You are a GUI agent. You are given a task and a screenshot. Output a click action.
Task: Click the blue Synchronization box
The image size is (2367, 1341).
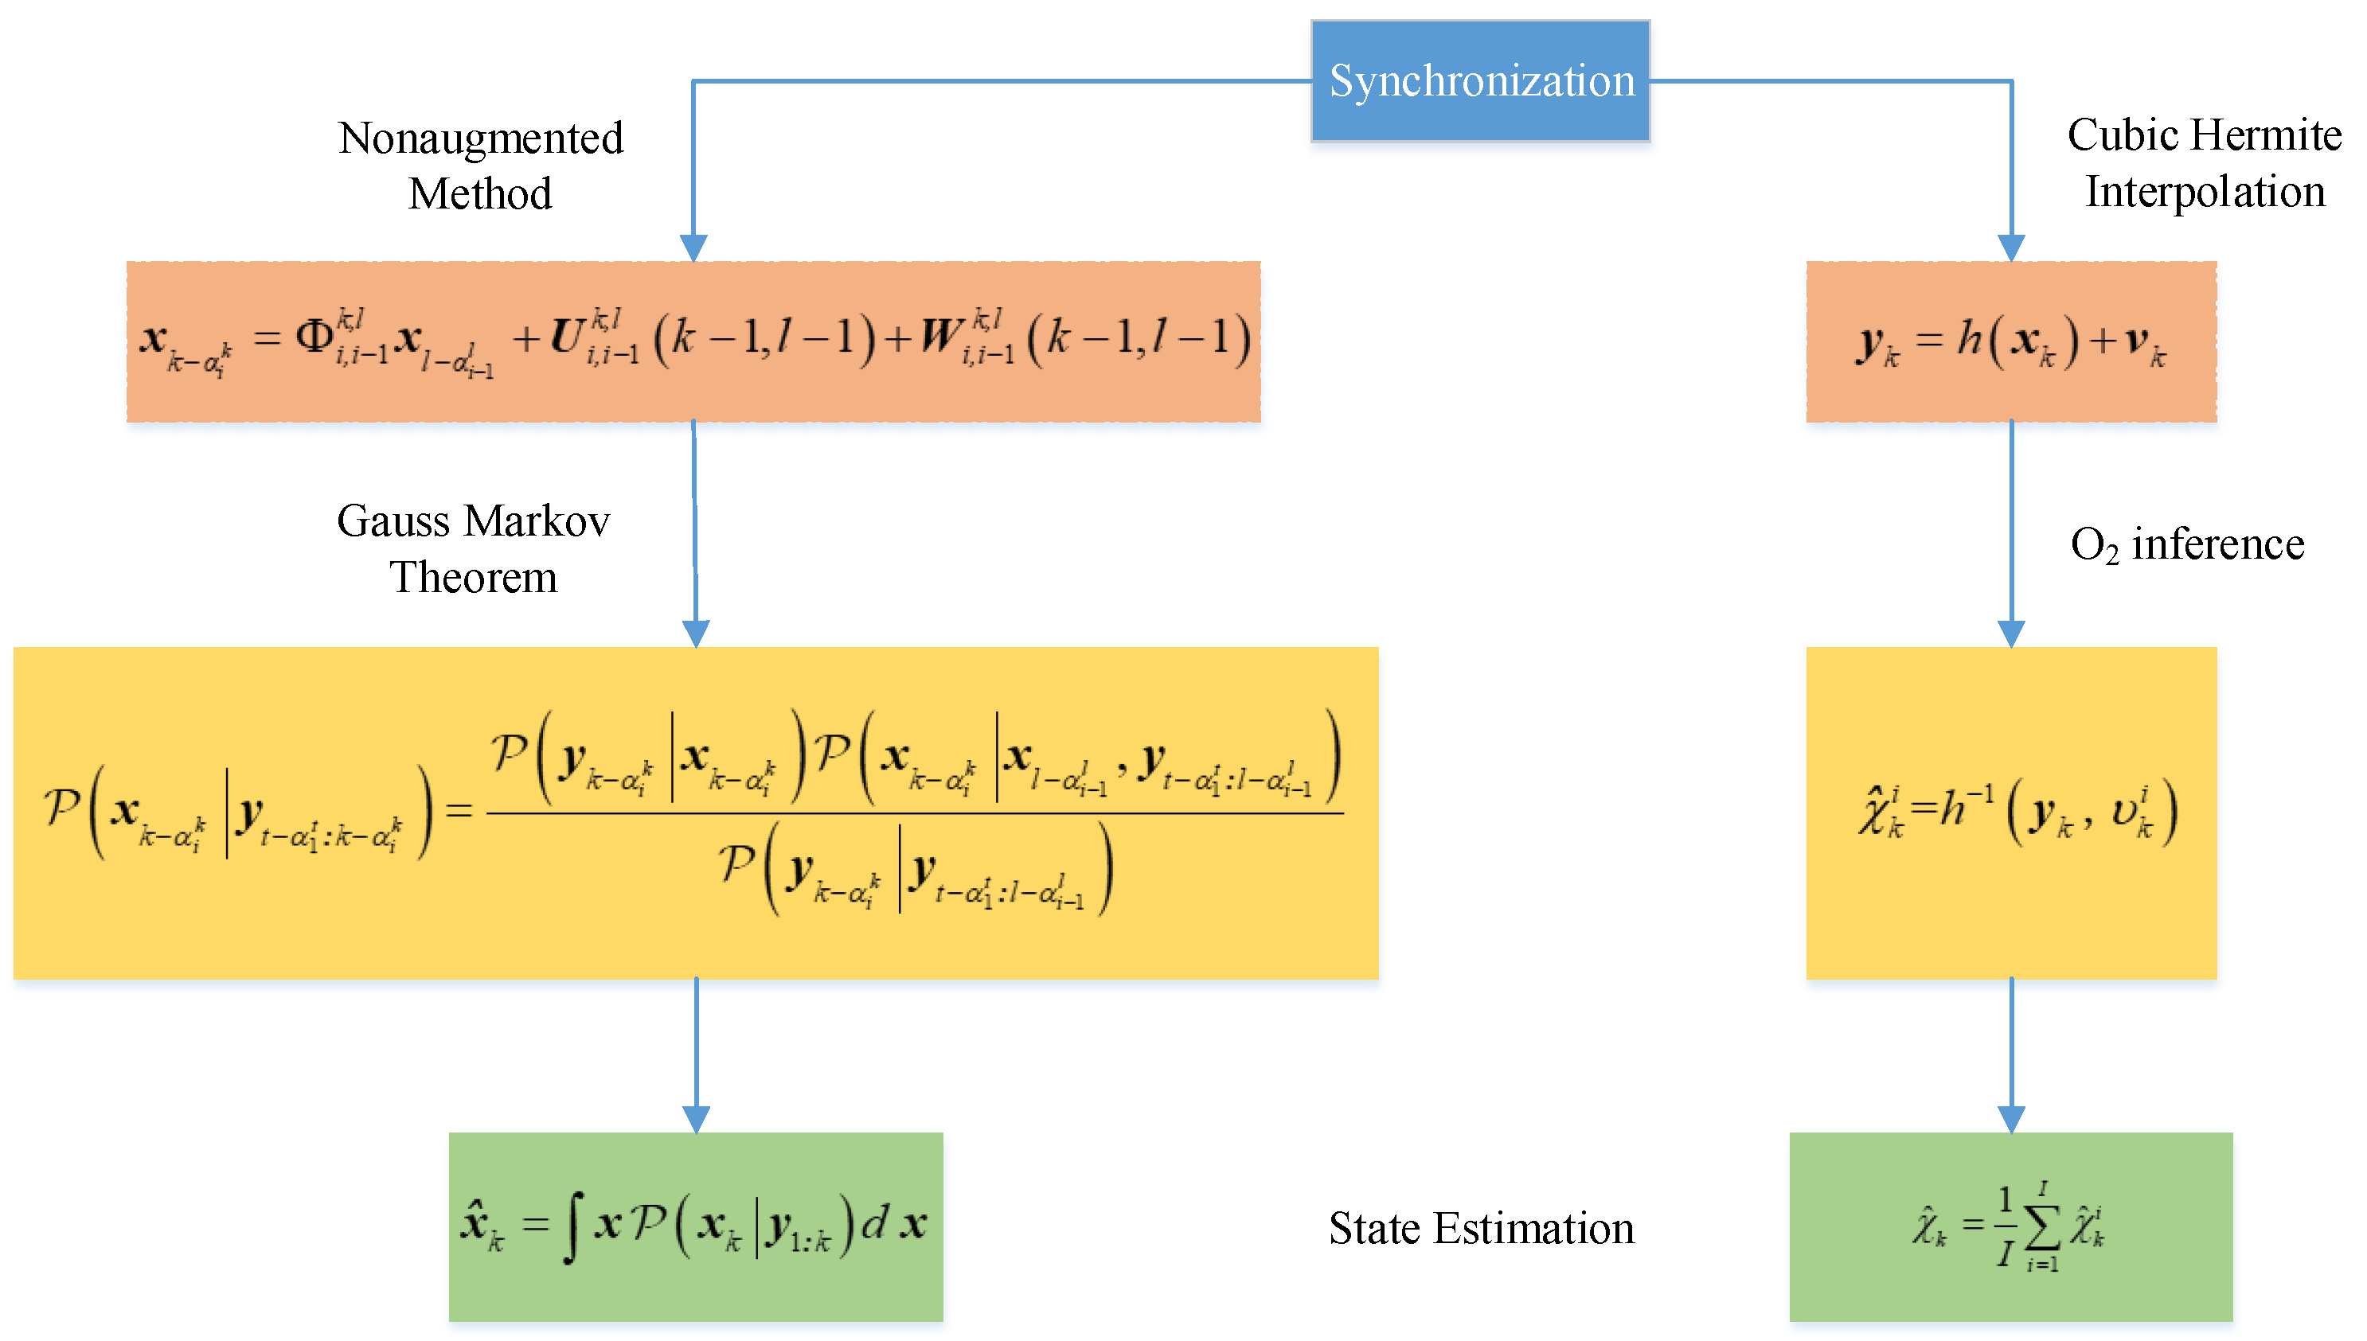[x=1480, y=81]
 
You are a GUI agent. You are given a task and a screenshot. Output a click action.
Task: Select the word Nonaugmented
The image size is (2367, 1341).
[x=481, y=138]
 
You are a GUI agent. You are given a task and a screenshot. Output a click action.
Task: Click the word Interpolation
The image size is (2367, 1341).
[x=2205, y=192]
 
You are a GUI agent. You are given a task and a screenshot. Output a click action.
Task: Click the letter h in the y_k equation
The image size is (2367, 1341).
[x=1969, y=339]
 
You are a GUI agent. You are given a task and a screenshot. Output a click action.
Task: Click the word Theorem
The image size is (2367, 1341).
[x=474, y=578]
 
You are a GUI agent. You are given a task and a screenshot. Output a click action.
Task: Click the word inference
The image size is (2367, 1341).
[x=2218, y=544]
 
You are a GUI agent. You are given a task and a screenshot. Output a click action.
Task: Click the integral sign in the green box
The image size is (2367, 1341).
[x=572, y=1228]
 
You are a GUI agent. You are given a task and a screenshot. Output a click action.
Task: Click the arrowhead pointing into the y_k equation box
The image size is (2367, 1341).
[x=2010, y=248]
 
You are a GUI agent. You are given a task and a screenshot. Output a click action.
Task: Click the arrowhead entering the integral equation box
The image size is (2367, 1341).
[x=696, y=1118]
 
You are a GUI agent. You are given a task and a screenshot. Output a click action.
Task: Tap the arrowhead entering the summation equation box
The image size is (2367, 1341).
[x=2010, y=1118]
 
